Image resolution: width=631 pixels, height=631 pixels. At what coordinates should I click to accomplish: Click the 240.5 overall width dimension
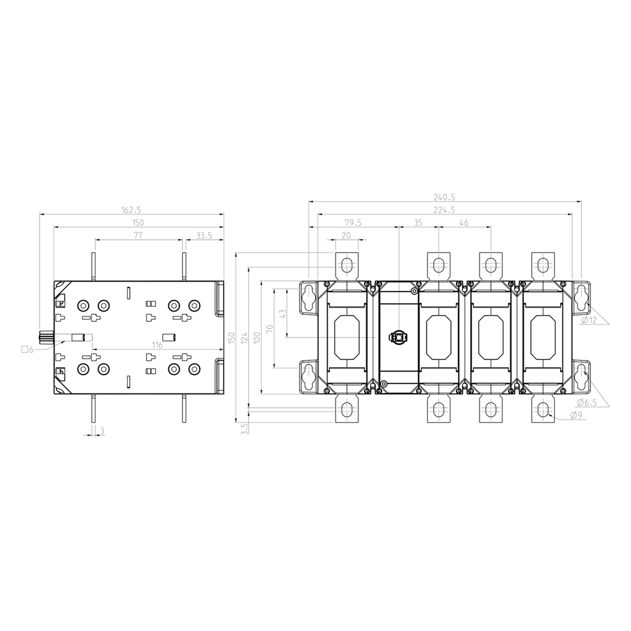click(x=444, y=197)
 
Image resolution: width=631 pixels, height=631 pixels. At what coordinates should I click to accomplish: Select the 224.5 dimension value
click(x=444, y=210)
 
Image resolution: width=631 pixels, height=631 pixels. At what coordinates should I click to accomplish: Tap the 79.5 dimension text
click(x=353, y=222)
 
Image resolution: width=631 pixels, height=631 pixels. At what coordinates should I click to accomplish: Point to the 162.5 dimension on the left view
click(x=131, y=210)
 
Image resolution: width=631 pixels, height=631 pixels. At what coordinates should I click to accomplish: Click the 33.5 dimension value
click(x=204, y=235)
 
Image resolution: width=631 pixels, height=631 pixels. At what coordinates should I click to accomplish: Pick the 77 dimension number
click(x=138, y=235)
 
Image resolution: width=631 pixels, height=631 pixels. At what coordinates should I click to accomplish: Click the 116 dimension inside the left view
click(x=157, y=345)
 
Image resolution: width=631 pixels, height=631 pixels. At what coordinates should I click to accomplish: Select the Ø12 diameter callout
click(x=590, y=320)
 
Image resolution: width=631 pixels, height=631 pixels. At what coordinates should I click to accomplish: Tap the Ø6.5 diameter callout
click(x=587, y=402)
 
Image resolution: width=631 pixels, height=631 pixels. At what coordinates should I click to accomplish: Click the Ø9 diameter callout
click(x=577, y=416)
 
